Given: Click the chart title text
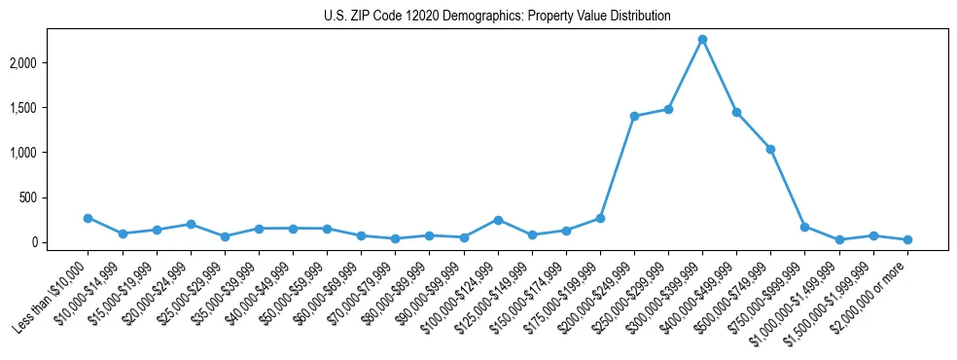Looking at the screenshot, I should pos(497,17).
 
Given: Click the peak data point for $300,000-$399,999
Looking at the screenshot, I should pos(702,40).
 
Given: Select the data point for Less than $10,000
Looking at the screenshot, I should pos(88,218).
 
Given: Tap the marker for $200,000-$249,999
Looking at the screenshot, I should pos(634,116).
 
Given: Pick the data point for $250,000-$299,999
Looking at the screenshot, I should pos(668,109).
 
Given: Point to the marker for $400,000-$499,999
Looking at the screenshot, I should pos(736,113).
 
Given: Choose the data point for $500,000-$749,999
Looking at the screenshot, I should pos(770,149).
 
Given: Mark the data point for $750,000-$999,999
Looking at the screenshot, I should pos(804,227).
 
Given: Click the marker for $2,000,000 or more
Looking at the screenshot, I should pos(907,239).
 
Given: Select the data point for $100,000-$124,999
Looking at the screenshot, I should pos(497,220).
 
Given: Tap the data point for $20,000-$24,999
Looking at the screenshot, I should pos(191,224).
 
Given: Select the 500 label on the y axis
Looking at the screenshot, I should pos(54,198).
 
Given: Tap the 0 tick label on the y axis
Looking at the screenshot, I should pos(60,242).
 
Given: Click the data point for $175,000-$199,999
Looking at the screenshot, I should pos(600,218).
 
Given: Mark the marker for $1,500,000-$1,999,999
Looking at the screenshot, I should pos(873,235).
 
